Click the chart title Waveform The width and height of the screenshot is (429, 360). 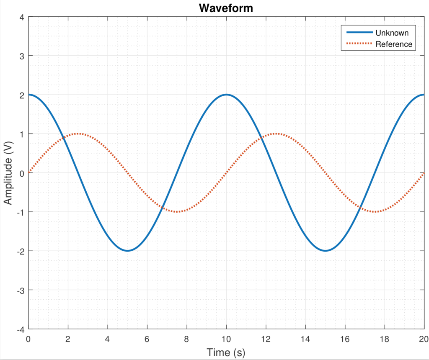point(226,8)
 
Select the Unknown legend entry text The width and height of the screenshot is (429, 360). point(392,33)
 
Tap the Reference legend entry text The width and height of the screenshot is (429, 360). point(394,44)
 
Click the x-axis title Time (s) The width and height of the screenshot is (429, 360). point(226,352)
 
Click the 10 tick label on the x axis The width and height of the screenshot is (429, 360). point(226,339)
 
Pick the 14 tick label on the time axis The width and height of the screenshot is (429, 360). point(305,339)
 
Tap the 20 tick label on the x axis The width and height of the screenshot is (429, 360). point(424,339)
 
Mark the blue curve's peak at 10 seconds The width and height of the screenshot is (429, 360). point(226,95)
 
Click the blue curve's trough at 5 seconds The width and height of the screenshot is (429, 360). point(127,251)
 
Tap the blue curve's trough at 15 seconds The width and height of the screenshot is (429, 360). point(326,251)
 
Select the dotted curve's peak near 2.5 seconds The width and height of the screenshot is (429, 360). point(78,134)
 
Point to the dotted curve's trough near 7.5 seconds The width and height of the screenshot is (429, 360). point(177,212)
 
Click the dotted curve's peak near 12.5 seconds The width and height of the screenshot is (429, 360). point(276,134)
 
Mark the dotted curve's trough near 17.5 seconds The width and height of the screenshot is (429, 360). point(375,212)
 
